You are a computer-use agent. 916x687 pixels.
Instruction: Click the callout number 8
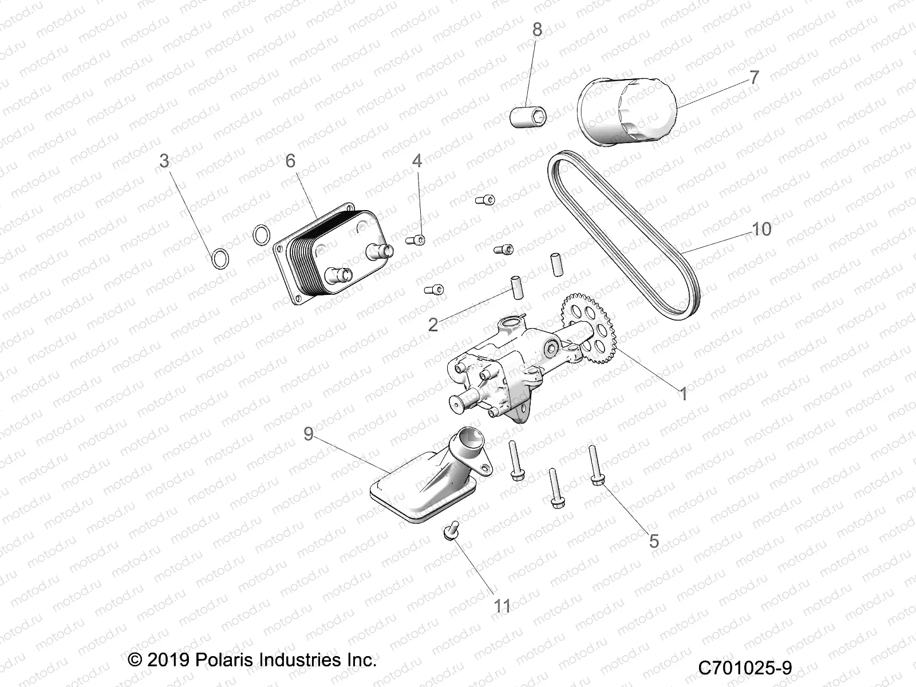point(536,30)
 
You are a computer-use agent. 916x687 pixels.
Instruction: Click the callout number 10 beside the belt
point(761,230)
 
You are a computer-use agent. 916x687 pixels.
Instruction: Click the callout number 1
point(683,394)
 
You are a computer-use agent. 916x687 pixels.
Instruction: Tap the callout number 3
point(165,161)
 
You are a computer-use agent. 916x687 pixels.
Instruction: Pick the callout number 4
point(417,161)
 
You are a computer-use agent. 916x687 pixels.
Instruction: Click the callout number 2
point(433,325)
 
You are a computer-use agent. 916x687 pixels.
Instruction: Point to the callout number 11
point(502,606)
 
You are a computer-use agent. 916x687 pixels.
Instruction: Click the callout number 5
point(654,541)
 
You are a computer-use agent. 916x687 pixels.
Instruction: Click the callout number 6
point(290,161)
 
